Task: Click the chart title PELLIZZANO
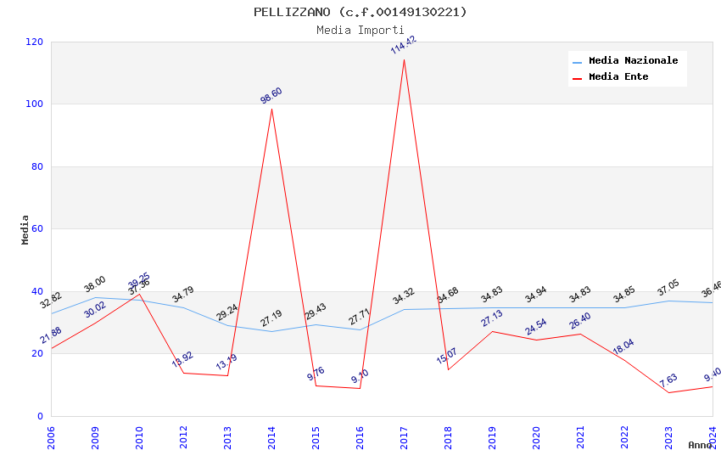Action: tap(360, 12)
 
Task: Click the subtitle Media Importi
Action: tap(360, 30)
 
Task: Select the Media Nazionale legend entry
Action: tap(633, 61)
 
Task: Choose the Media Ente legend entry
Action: tap(618, 77)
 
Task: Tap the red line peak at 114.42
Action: tap(404, 59)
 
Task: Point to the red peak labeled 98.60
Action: tap(271, 109)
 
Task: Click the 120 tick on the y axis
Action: tap(35, 42)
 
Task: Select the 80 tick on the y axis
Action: tap(37, 166)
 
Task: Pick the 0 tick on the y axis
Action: tap(40, 416)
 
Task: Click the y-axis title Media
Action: tap(25, 229)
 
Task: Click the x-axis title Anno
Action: tap(700, 445)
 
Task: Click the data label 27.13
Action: tap(492, 318)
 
